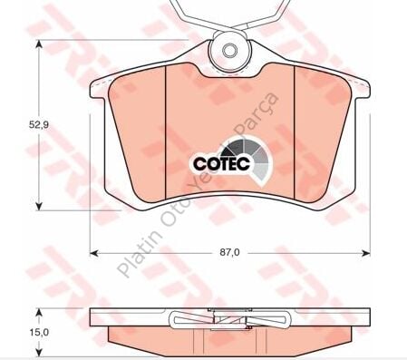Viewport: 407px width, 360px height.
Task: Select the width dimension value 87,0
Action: [x=229, y=253]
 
